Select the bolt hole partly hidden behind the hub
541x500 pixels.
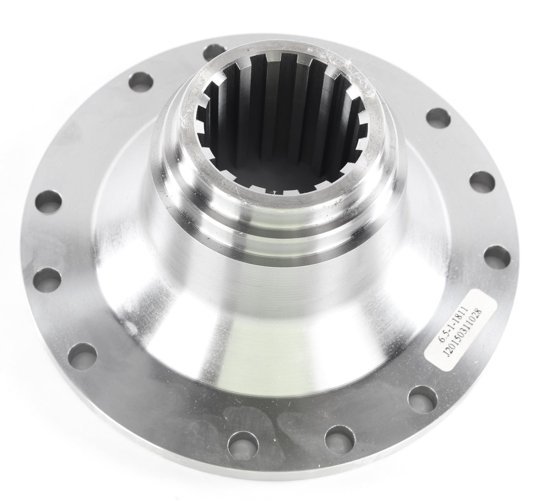(x=213, y=50)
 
